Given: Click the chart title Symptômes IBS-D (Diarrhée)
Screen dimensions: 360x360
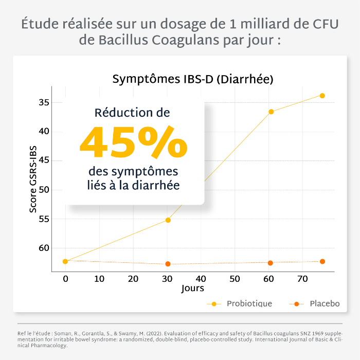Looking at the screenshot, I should coord(192,80).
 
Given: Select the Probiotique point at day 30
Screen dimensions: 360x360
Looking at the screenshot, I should coord(168,220).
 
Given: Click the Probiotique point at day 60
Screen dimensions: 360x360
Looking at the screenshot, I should coord(271,112).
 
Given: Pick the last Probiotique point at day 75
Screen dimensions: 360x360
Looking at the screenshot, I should coord(322,96).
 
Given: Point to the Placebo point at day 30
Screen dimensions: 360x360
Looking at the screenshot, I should coord(168,264).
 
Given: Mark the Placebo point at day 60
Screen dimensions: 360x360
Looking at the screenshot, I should coord(270,263).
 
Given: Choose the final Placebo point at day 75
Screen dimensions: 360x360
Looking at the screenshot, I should coord(322,261).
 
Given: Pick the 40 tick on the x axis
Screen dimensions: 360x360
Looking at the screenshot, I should coord(201,278).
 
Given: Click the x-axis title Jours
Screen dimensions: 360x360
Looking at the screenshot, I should coord(193,289).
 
